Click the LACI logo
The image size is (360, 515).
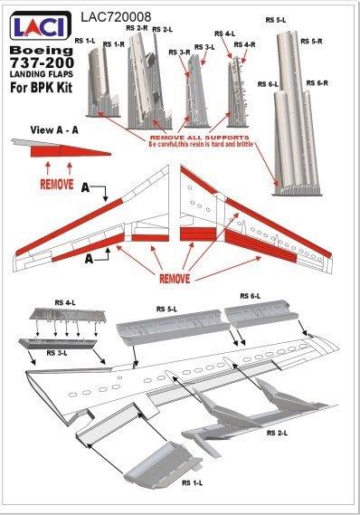click(41, 25)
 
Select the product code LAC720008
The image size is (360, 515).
click(116, 17)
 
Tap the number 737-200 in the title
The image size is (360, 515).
click(42, 62)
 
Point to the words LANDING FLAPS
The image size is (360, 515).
click(42, 74)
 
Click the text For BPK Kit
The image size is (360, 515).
click(41, 88)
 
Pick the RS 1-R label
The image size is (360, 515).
click(114, 44)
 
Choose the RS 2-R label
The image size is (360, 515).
click(137, 28)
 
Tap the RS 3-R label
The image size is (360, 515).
click(179, 52)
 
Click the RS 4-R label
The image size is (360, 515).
click(244, 44)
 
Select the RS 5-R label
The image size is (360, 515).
click(311, 41)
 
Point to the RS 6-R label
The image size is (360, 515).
click(317, 83)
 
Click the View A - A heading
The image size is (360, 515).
click(54, 129)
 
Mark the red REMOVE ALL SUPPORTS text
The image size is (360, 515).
click(200, 138)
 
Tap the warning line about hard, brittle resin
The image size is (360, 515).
click(201, 144)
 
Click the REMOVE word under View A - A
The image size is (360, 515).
click(57, 184)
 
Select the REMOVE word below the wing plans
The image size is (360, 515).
click(175, 279)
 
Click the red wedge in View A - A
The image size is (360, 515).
click(71, 151)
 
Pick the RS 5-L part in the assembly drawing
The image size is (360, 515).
click(172, 328)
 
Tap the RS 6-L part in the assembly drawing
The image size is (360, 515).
click(261, 314)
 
